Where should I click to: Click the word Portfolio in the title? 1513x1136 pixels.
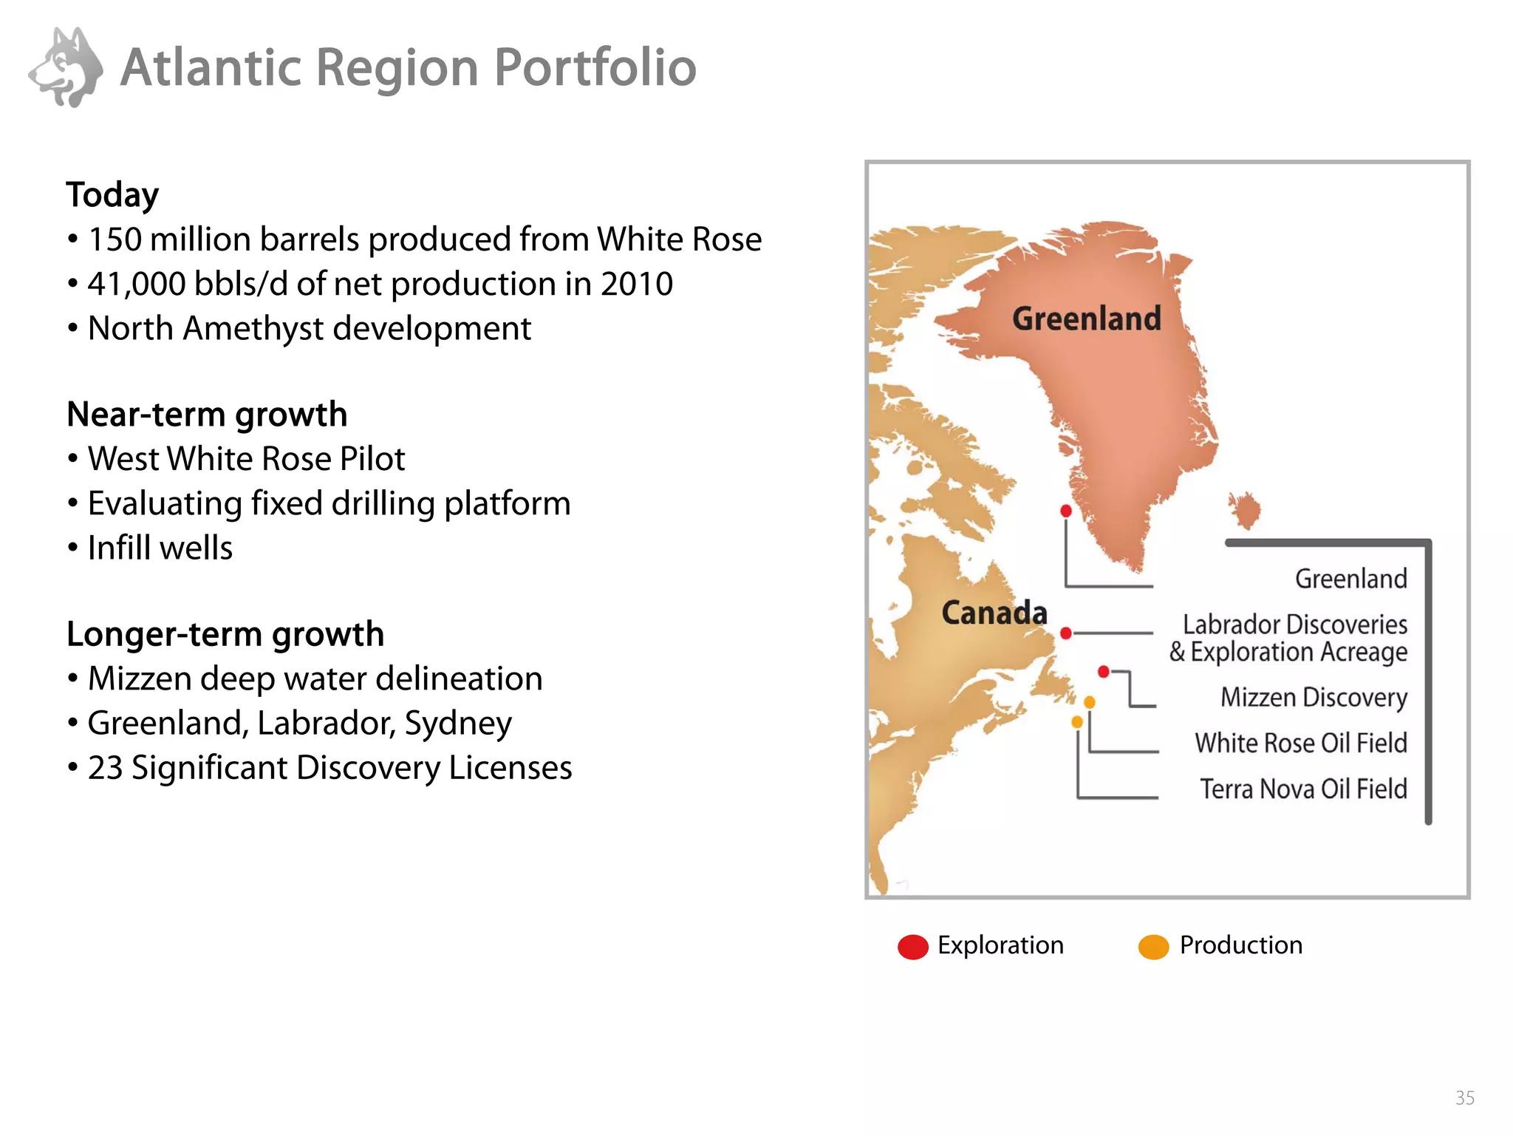595,68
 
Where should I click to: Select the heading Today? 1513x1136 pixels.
112,195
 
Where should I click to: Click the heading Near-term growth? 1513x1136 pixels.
207,415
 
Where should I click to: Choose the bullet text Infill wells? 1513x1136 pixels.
160,548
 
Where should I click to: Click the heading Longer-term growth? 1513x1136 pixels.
225,634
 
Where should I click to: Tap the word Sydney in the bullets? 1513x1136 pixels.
458,724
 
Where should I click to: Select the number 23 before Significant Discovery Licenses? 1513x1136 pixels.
105,768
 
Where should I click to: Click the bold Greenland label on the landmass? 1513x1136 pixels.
1086,319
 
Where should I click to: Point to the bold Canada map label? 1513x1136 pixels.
994,613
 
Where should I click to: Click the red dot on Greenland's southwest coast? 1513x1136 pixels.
1066,511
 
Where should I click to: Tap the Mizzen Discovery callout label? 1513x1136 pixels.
1314,698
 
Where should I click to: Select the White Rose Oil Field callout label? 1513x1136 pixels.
1301,743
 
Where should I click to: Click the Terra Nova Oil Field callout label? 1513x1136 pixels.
1303,789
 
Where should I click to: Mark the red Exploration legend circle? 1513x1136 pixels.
913,947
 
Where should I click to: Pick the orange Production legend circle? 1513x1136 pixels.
1154,947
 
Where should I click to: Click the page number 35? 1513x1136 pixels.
1464,1098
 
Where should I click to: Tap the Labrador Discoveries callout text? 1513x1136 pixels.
1294,625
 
